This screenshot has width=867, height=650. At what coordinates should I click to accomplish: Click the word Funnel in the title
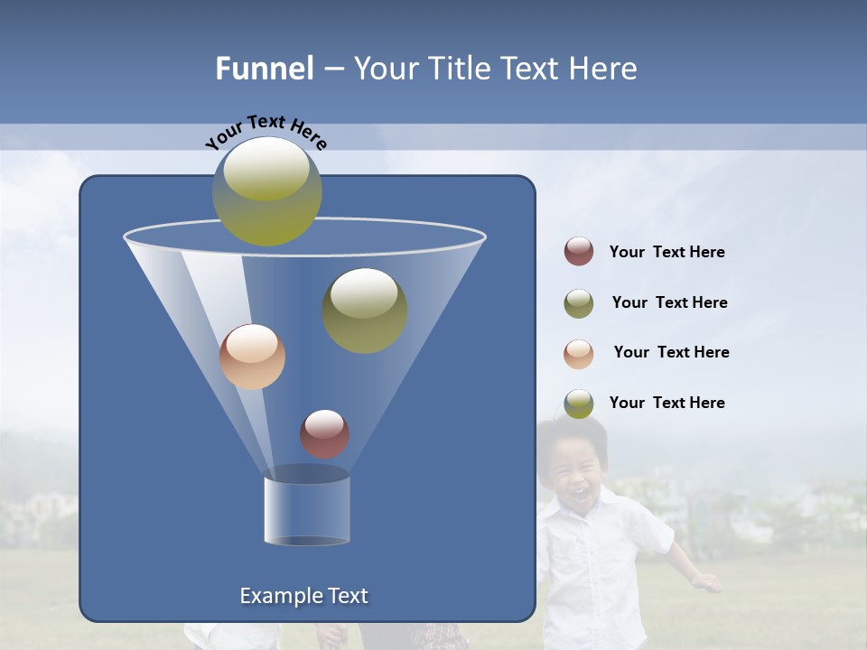click(265, 69)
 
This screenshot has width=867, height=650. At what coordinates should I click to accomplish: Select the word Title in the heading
click(459, 69)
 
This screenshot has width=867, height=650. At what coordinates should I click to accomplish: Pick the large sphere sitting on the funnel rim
click(267, 191)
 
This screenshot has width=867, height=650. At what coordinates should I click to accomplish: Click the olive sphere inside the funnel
click(365, 311)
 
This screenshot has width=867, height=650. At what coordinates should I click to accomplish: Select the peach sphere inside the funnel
click(252, 357)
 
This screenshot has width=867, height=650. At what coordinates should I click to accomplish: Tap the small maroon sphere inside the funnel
click(324, 433)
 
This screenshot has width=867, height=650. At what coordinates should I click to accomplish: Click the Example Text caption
click(304, 596)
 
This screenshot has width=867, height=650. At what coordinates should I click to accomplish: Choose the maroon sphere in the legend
click(579, 252)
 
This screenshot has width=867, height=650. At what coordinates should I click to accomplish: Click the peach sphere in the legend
click(579, 353)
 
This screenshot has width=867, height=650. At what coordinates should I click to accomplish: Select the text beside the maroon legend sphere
click(667, 253)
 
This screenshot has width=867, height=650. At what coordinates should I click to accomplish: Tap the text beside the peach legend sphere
click(671, 352)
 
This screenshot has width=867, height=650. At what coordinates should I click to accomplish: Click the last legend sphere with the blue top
click(579, 404)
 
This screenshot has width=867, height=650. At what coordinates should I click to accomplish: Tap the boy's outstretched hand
click(710, 582)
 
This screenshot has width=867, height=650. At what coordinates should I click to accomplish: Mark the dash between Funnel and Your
click(332, 69)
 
